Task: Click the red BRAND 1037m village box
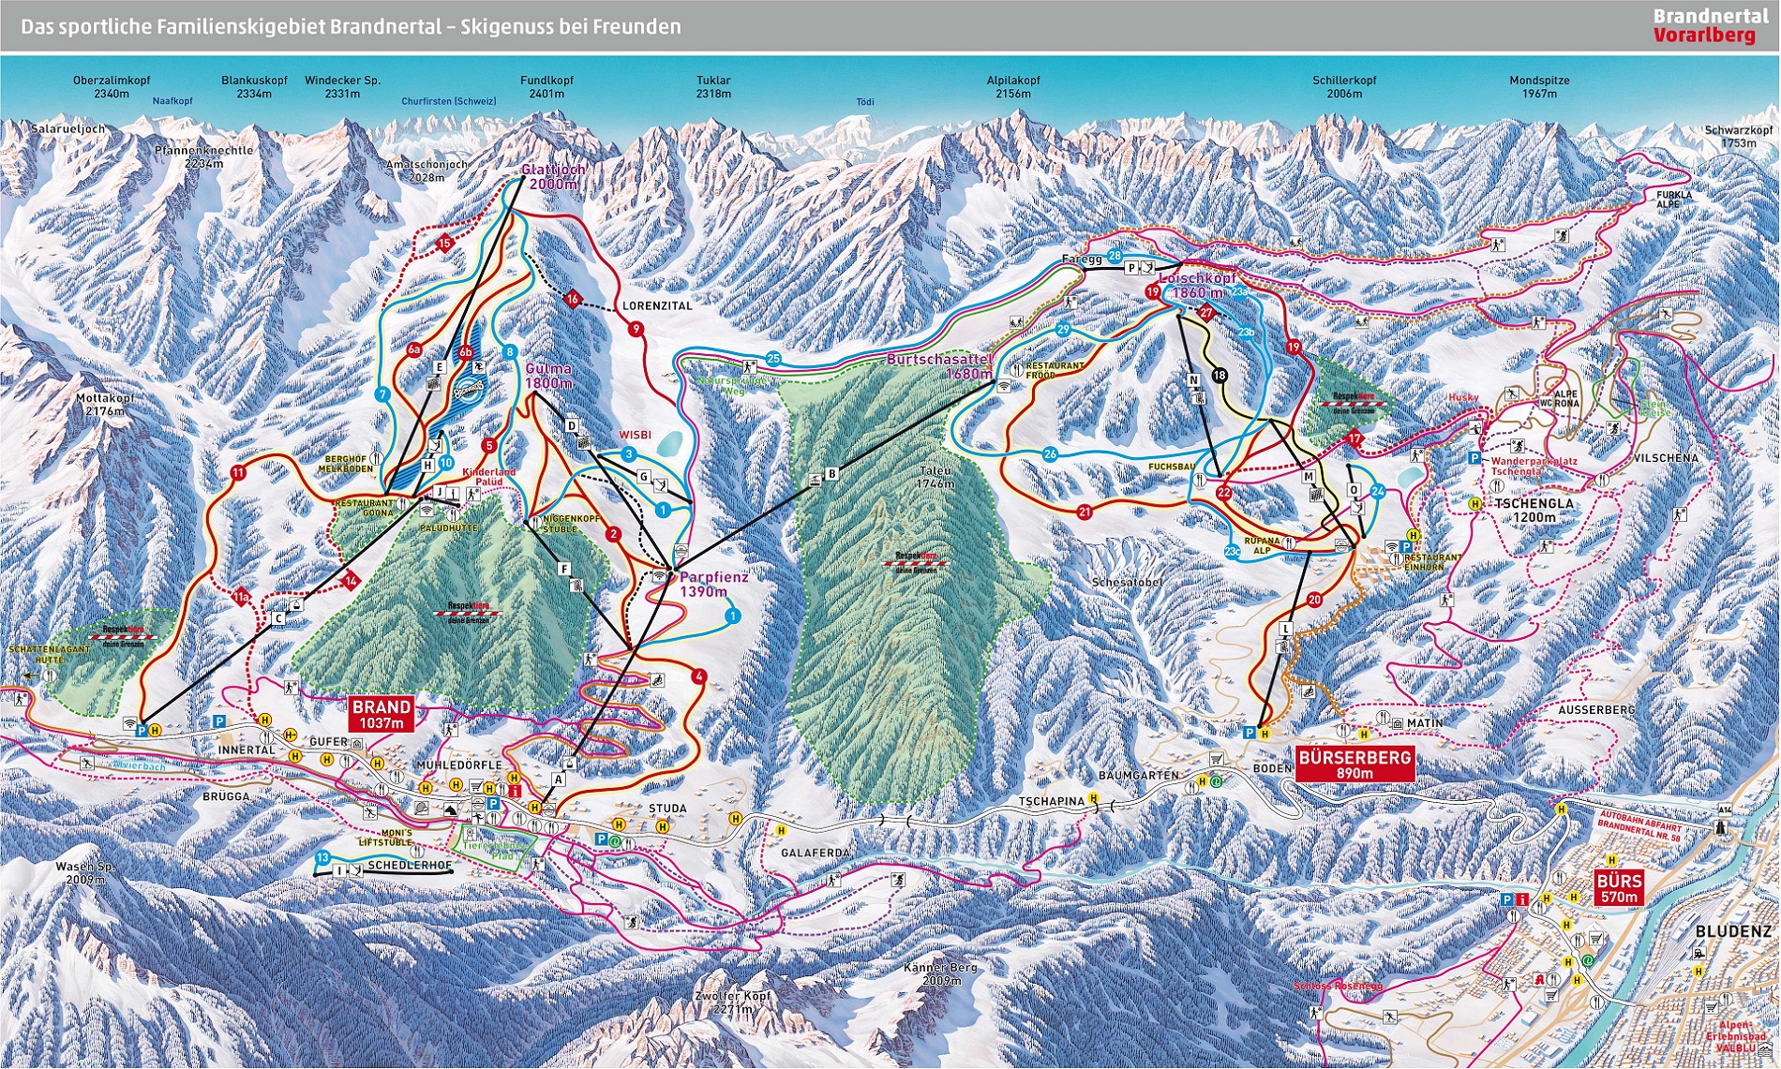tap(382, 714)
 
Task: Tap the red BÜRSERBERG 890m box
tap(1354, 765)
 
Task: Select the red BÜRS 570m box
tap(1619, 888)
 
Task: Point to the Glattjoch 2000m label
tap(553, 176)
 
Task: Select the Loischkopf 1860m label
tap(1197, 286)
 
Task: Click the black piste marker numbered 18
tap(1219, 376)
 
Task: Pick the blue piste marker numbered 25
tap(773, 358)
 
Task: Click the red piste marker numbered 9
tap(636, 329)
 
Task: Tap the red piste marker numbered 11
tap(238, 473)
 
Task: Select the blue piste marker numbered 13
tap(323, 857)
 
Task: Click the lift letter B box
tap(831, 474)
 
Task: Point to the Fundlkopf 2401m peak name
tap(546, 87)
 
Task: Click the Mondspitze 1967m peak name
tap(1539, 87)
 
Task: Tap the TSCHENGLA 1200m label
tap(1534, 510)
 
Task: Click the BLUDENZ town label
tap(1733, 932)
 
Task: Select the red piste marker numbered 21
tap(1085, 512)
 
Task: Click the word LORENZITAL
tap(657, 306)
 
